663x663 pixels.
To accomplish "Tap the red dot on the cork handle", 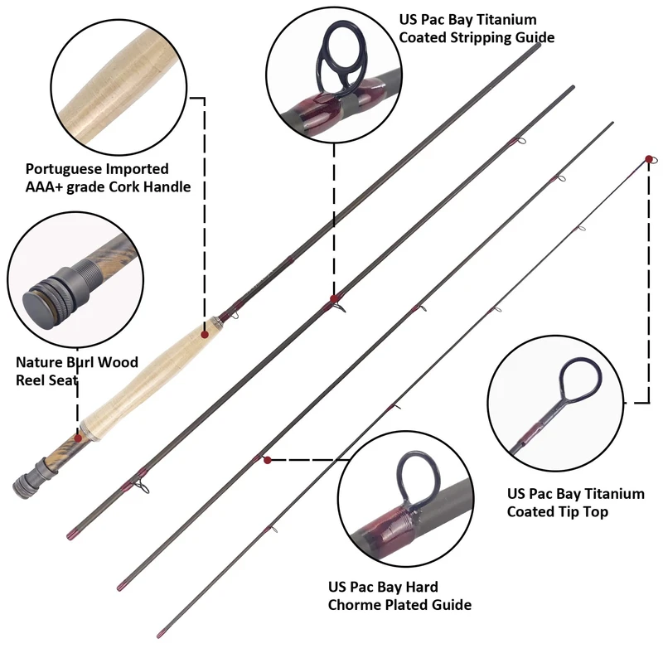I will click(205, 333).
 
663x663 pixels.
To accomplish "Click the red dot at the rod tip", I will click(648, 157).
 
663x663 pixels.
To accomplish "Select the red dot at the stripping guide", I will click(333, 298).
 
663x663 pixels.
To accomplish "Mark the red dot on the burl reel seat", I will click(78, 437).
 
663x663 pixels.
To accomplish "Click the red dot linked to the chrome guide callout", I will click(267, 459).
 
